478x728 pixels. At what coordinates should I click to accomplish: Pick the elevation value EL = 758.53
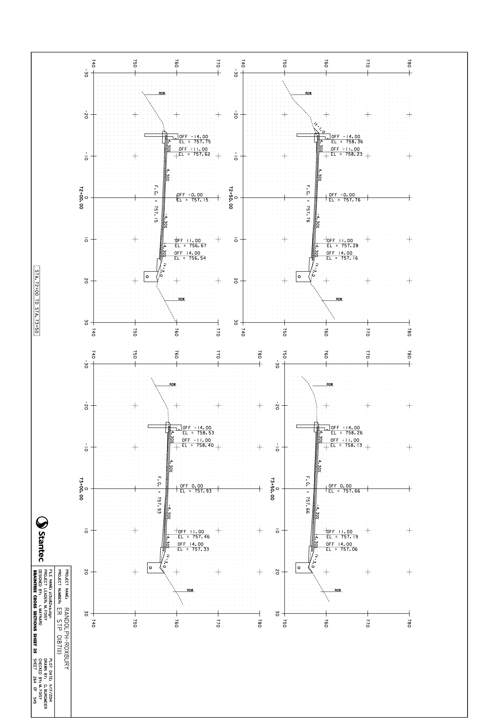(x=198, y=433)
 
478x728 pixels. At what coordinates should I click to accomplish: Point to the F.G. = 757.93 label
(x=159, y=495)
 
